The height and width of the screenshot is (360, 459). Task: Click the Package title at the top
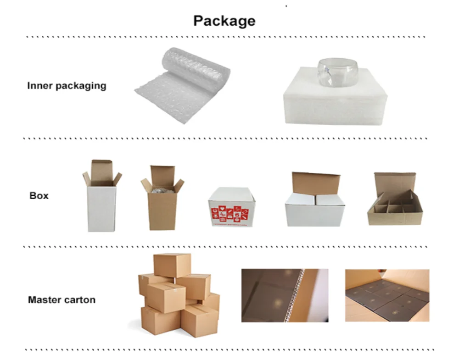pos(224,21)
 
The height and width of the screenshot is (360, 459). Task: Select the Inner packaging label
pos(67,86)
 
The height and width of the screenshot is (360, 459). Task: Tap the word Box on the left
pos(39,196)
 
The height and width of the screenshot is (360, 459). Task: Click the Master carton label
pos(62,300)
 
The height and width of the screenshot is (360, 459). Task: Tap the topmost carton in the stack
pos(172,265)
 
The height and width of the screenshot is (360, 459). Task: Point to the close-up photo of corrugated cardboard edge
pos(285,295)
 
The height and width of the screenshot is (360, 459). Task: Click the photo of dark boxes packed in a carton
pos(387,295)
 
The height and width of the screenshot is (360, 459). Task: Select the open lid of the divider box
pos(394,183)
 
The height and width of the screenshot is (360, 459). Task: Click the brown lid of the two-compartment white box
pos(316,183)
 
